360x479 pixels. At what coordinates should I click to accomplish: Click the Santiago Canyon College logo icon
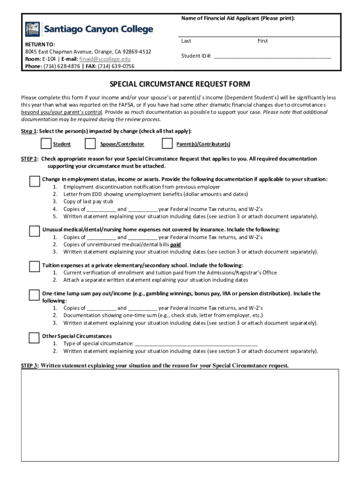click(33, 29)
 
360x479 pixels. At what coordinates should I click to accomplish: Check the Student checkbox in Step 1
click(46, 143)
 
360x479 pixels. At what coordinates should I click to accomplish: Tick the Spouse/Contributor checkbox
click(91, 143)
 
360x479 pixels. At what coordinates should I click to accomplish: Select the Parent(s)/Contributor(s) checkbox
click(167, 143)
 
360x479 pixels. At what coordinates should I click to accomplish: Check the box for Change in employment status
click(34, 181)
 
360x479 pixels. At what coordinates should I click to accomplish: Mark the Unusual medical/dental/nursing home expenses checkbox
click(34, 231)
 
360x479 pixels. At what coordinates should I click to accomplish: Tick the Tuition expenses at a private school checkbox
click(34, 267)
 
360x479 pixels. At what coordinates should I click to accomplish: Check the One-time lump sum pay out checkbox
click(34, 295)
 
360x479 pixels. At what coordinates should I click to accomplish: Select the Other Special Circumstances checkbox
click(34, 337)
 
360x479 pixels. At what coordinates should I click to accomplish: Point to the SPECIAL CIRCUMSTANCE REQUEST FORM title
click(180, 84)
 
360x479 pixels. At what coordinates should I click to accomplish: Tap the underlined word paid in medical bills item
click(176, 245)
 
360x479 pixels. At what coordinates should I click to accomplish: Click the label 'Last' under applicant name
click(186, 41)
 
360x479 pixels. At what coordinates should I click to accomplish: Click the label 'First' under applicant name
click(263, 41)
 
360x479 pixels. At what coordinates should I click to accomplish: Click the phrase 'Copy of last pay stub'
click(88, 202)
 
